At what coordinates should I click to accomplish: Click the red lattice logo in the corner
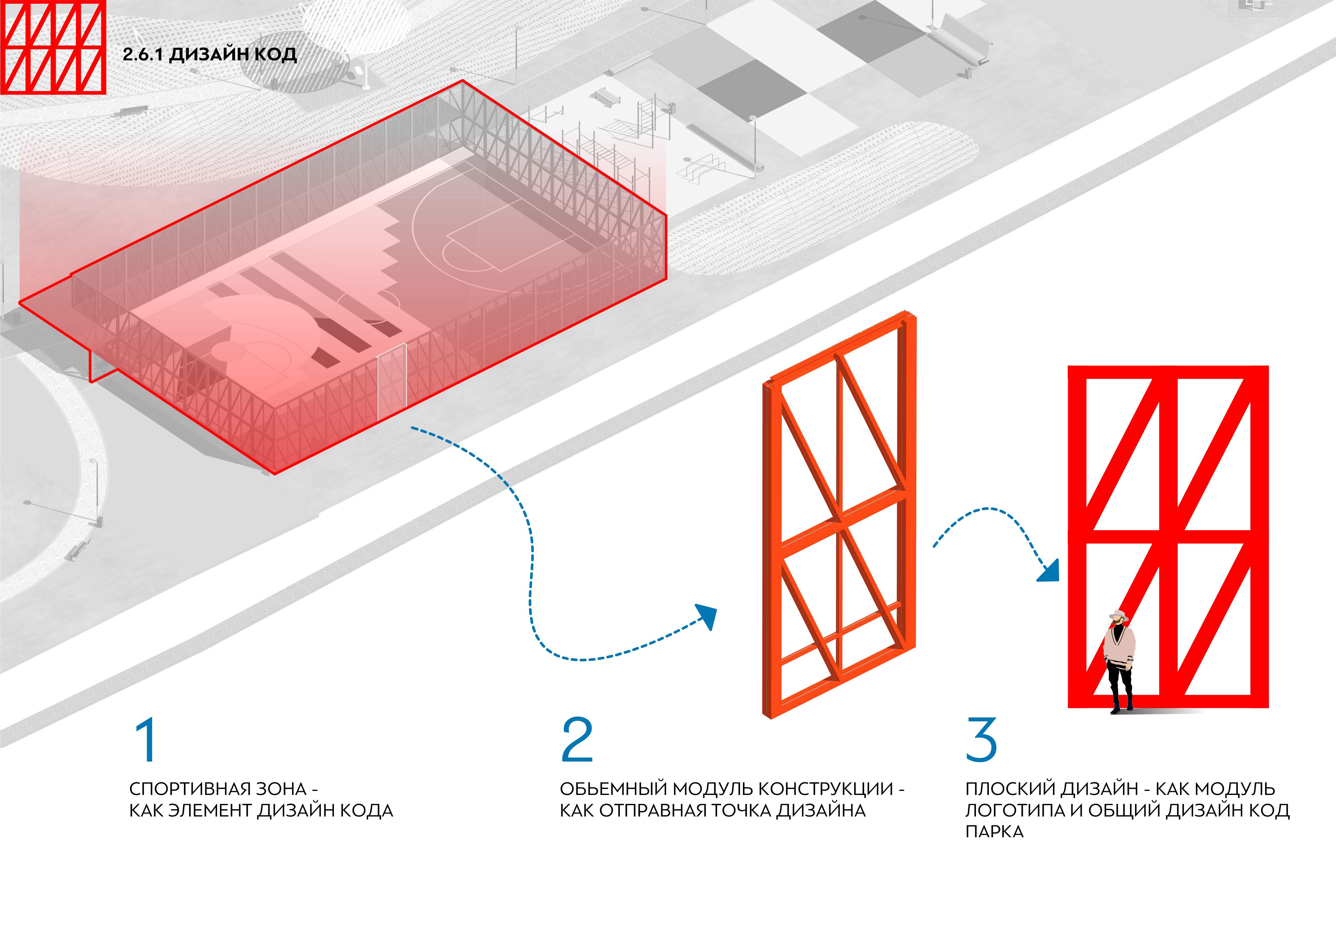[x=52, y=47]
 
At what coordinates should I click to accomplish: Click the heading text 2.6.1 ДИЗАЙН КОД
[x=210, y=54]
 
